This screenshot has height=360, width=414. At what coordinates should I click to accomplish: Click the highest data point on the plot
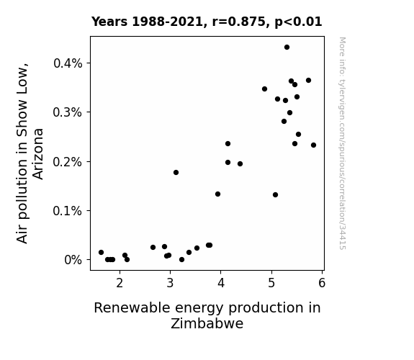(x=287, y=48)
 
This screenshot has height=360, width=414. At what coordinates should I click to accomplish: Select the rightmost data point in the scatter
(x=313, y=145)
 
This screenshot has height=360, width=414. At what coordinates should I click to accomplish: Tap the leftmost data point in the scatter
(x=101, y=252)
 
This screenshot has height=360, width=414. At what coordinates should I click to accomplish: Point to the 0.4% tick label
(x=68, y=63)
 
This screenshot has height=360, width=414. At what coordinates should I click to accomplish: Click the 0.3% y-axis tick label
(x=68, y=112)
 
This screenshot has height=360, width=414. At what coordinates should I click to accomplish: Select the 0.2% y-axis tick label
(x=68, y=162)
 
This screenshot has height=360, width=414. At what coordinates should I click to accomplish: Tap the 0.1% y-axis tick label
(x=68, y=211)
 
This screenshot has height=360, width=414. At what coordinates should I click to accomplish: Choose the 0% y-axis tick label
(x=73, y=260)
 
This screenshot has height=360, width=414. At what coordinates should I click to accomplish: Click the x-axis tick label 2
(x=120, y=283)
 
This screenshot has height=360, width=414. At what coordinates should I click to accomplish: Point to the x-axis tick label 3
(x=171, y=283)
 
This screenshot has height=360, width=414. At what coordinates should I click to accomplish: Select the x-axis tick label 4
(x=221, y=283)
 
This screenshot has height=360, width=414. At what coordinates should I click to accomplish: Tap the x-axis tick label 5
(x=271, y=283)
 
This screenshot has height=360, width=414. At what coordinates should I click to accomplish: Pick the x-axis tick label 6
(x=322, y=283)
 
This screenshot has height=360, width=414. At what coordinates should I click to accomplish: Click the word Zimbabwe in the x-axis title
(x=207, y=323)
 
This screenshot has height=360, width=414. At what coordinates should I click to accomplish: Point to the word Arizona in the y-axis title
(x=38, y=154)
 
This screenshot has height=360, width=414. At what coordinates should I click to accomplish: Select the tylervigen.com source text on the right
(x=342, y=143)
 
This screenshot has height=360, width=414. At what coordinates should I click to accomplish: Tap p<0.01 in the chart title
(x=298, y=22)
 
